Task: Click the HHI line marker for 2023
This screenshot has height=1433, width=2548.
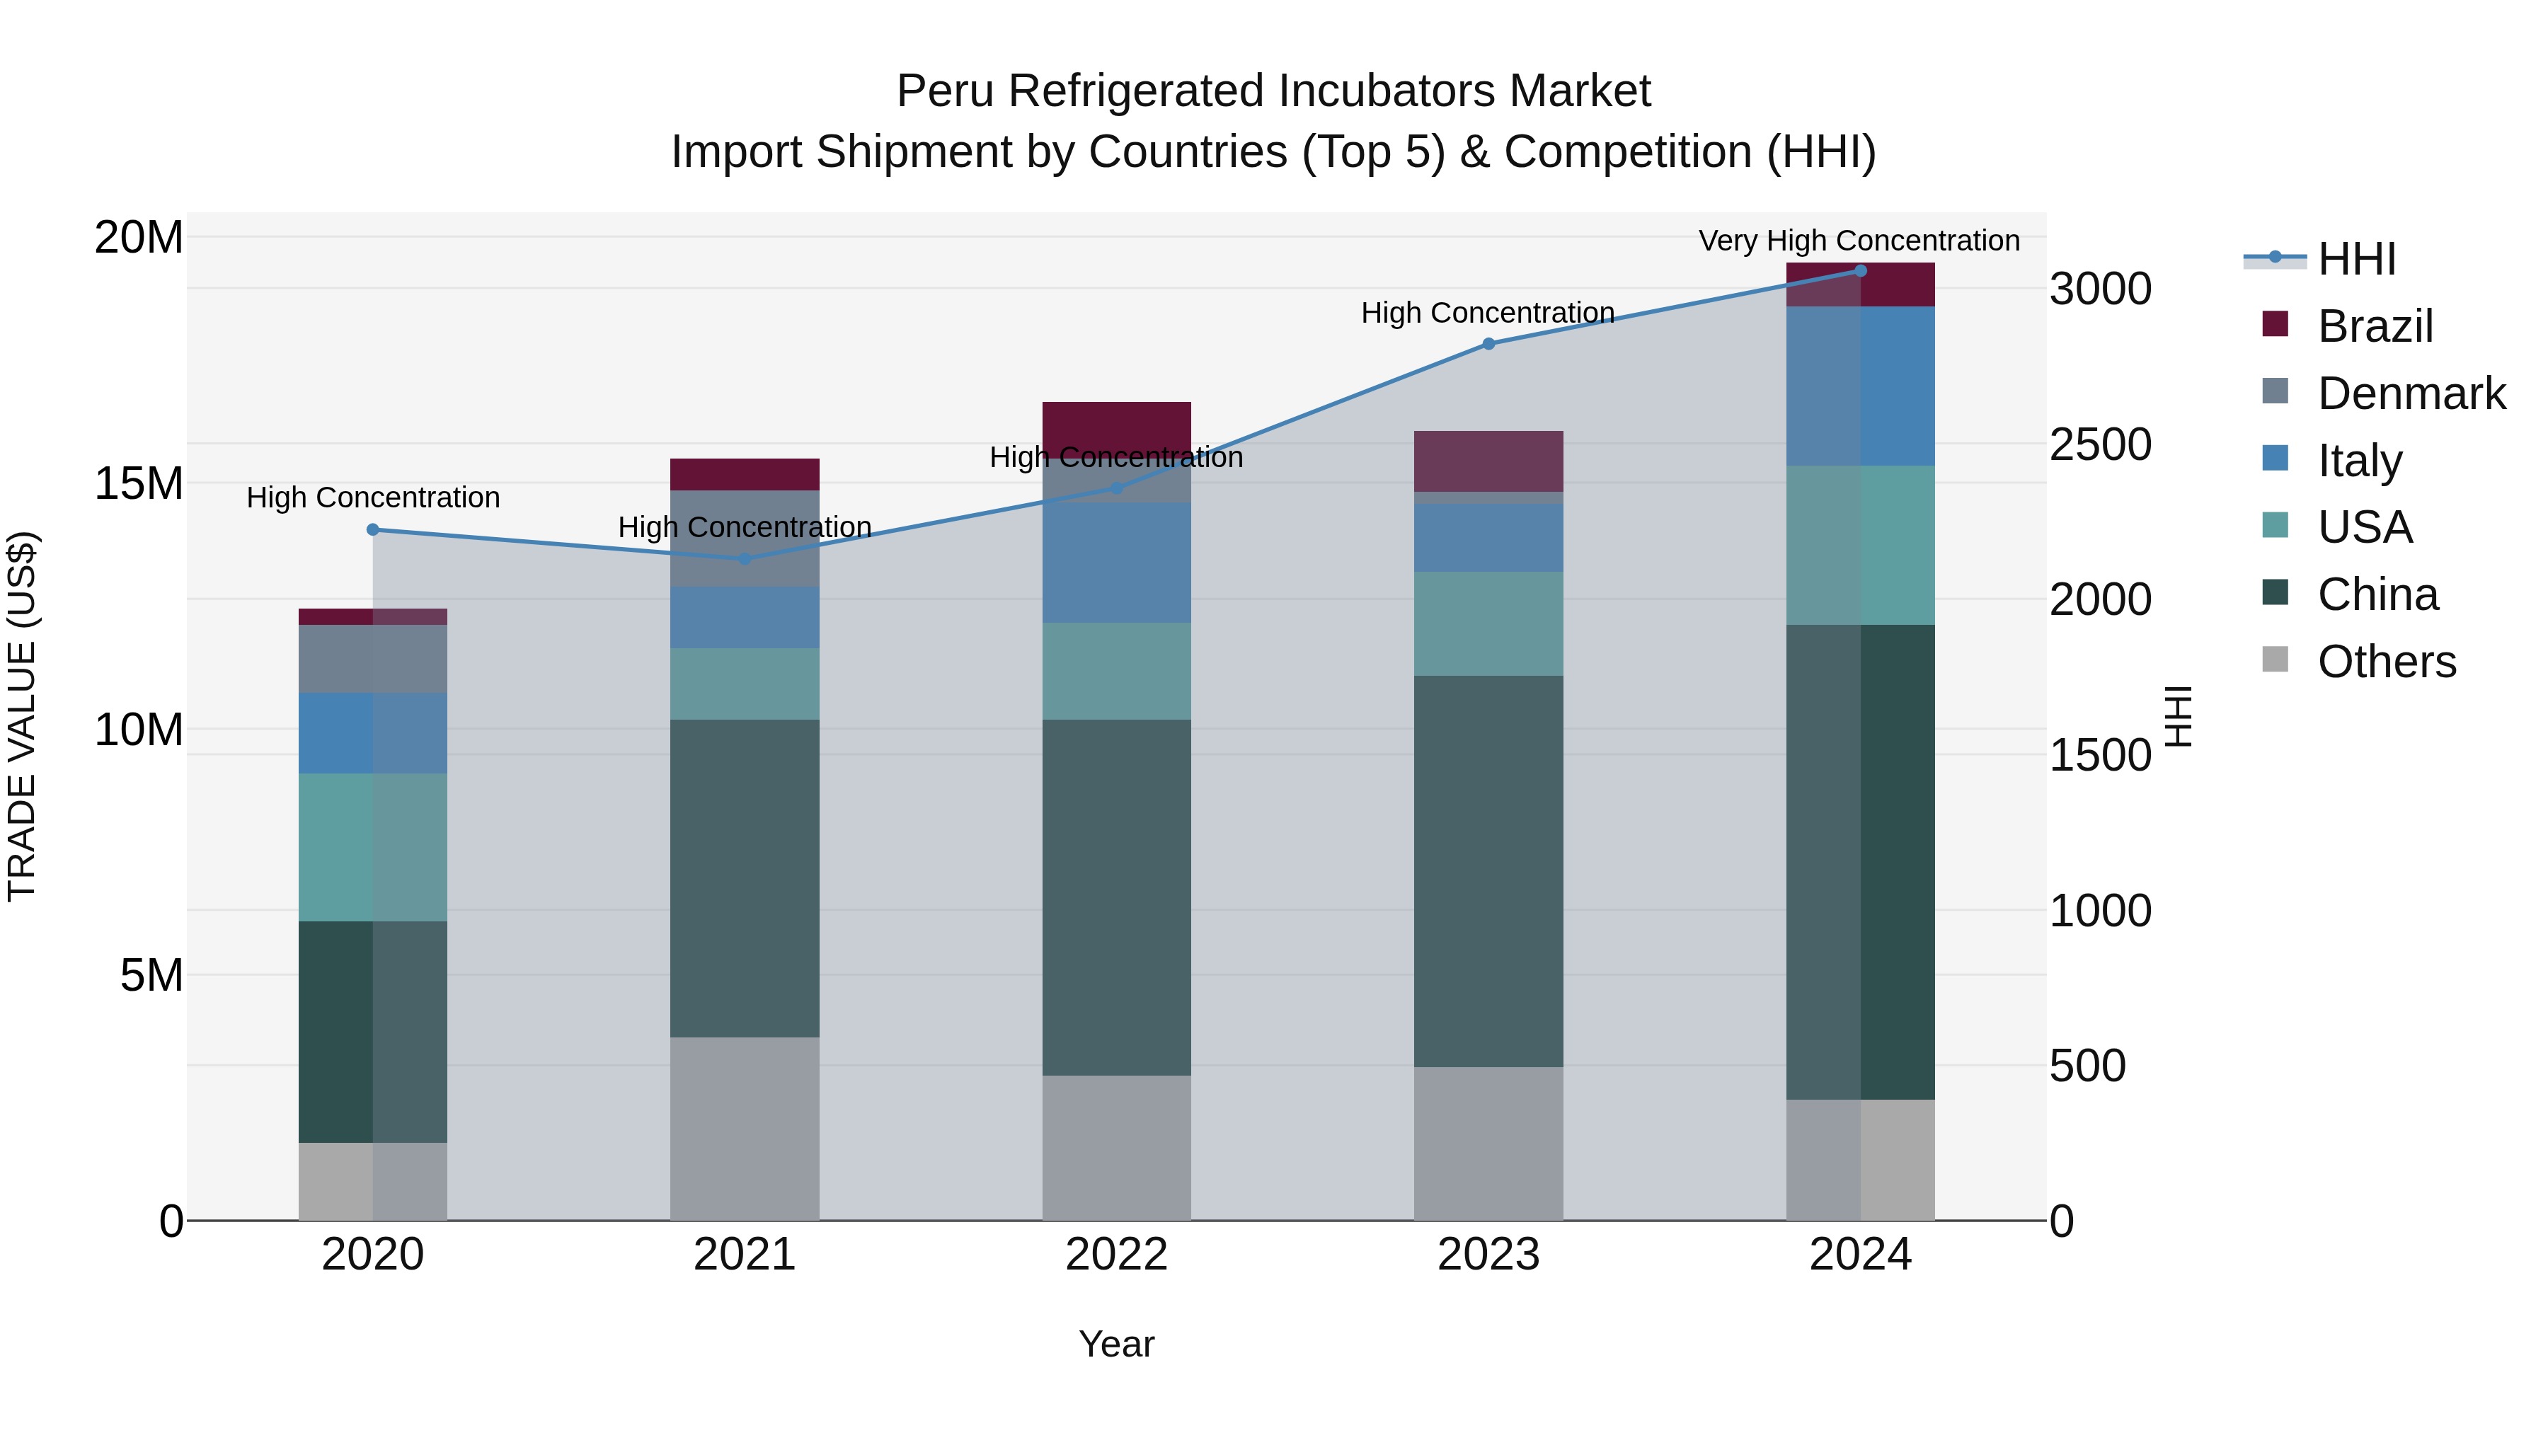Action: (x=1488, y=343)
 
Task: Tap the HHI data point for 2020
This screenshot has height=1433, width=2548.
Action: (x=373, y=529)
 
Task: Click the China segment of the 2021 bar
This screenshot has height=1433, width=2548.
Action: (x=744, y=877)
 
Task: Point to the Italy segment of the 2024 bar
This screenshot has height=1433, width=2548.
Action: (x=1859, y=386)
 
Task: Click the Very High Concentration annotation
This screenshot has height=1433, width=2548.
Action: (x=1859, y=241)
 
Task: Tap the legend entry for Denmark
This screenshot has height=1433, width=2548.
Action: (x=2411, y=393)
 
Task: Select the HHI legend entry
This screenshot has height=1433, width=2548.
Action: (x=2356, y=259)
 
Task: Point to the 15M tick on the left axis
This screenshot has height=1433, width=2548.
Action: (x=139, y=483)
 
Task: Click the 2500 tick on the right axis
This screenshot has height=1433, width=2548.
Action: (x=2100, y=444)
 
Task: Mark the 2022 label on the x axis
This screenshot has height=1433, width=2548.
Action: (x=1115, y=1255)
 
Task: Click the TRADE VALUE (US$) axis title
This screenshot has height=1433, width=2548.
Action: (x=22, y=716)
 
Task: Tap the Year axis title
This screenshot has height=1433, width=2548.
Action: (x=1115, y=1344)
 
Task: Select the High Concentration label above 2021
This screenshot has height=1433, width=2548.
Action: (x=744, y=527)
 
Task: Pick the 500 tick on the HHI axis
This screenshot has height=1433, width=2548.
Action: (x=2087, y=1066)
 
